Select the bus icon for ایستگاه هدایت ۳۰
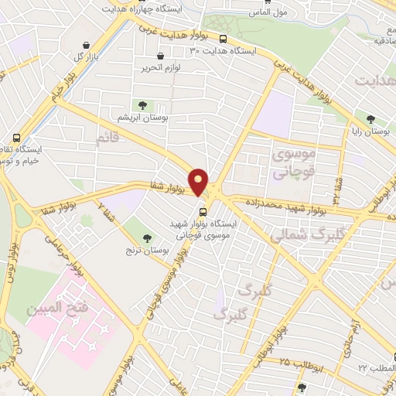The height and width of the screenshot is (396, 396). coord(224,39)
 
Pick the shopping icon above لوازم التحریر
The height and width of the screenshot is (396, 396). coord(160,56)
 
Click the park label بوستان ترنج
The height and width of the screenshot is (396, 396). coord(141,251)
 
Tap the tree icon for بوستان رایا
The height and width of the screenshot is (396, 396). coord(371,119)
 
